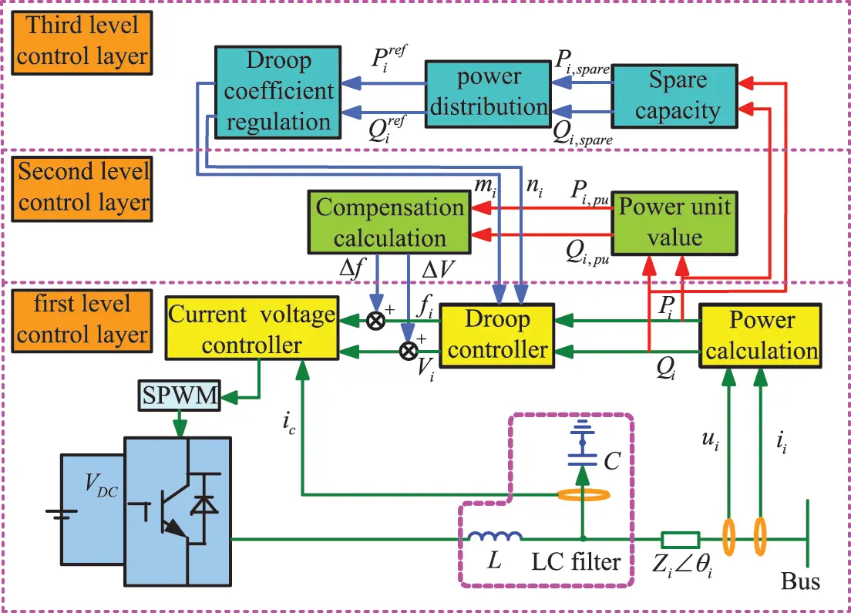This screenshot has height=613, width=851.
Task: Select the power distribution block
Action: pos(488,91)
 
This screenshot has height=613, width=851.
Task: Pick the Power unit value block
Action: pos(673,221)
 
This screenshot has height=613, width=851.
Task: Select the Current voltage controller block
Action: pos(252,330)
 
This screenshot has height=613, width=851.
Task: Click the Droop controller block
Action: pos(499,335)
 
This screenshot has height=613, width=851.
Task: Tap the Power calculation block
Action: pos(760,335)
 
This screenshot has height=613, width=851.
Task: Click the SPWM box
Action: pos(180,396)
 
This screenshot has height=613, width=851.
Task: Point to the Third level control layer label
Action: pos(82,39)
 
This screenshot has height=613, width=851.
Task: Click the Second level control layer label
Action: pos(82,186)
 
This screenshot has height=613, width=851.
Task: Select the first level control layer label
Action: pos(82,318)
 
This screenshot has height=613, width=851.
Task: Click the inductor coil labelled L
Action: pos(494,536)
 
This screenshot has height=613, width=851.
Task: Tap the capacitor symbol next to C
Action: pos(583,448)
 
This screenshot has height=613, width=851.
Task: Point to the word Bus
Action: pos(800,581)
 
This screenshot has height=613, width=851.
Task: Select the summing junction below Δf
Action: pos(375,320)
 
